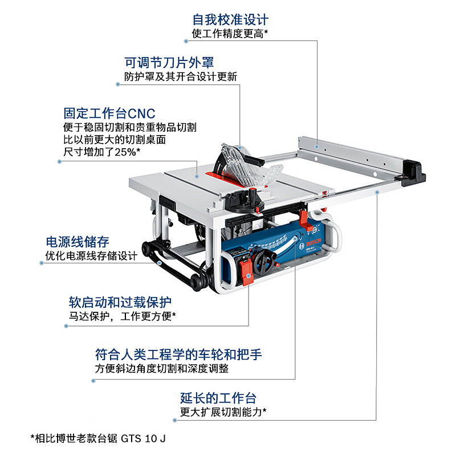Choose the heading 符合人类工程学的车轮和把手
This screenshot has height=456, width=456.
click(x=178, y=354)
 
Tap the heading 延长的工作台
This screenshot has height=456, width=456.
click(x=218, y=398)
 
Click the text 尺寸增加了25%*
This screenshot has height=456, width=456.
click(x=102, y=152)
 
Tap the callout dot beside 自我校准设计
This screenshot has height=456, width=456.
click(x=186, y=41)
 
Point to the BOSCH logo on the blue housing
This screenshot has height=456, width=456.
click(x=313, y=238)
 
